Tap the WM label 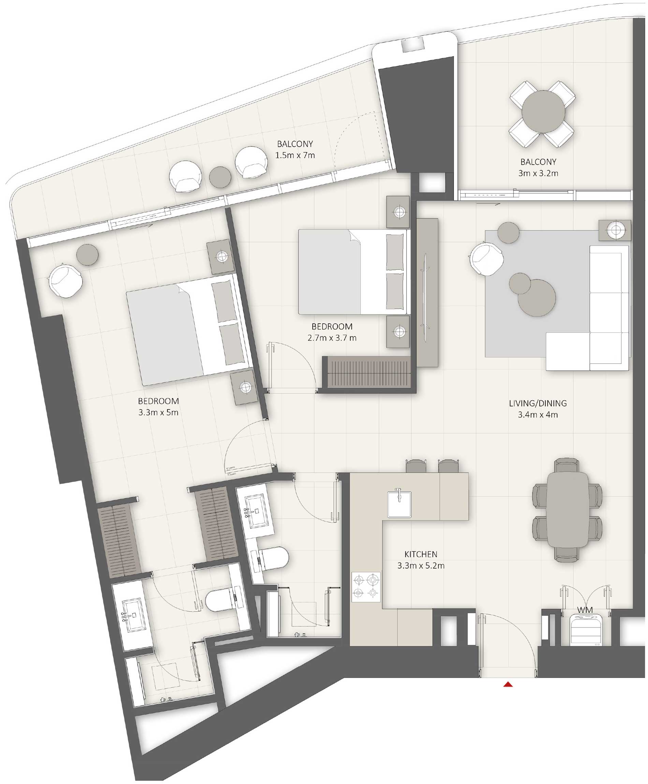(x=585, y=610)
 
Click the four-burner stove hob (x=366, y=587)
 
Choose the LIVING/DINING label (x=537, y=403)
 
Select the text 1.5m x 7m (x=295, y=155)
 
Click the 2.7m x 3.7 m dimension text (x=332, y=338)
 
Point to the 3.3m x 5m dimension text (x=158, y=413)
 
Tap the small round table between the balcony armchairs (x=220, y=177)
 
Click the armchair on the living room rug (x=486, y=258)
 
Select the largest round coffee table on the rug (x=537, y=298)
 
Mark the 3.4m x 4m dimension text (x=537, y=415)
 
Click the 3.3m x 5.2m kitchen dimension (x=421, y=566)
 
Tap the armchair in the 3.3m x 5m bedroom (x=65, y=280)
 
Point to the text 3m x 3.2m (x=538, y=173)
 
